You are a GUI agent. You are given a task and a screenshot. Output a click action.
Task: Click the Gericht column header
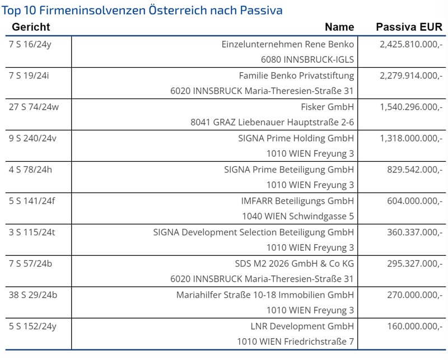[31, 27]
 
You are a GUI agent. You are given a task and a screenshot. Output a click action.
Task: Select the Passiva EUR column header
[409, 27]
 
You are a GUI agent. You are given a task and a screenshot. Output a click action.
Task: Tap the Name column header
[339, 27]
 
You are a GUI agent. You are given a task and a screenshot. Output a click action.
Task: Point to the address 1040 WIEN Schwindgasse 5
[298, 216]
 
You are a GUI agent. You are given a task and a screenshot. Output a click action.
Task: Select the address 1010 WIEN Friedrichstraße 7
[295, 342]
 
